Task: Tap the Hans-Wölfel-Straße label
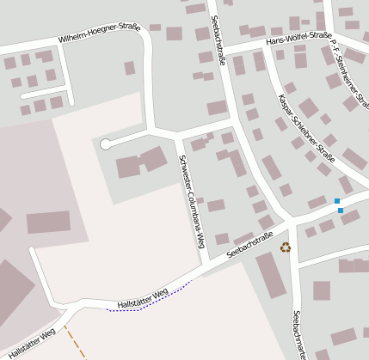tap(298, 38)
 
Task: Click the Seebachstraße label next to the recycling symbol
tap(249, 245)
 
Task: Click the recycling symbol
tap(286, 247)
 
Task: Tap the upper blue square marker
tap(337, 202)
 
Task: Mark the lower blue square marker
tap(341, 211)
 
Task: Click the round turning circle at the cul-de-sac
tap(106, 144)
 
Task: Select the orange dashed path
tap(76, 342)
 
